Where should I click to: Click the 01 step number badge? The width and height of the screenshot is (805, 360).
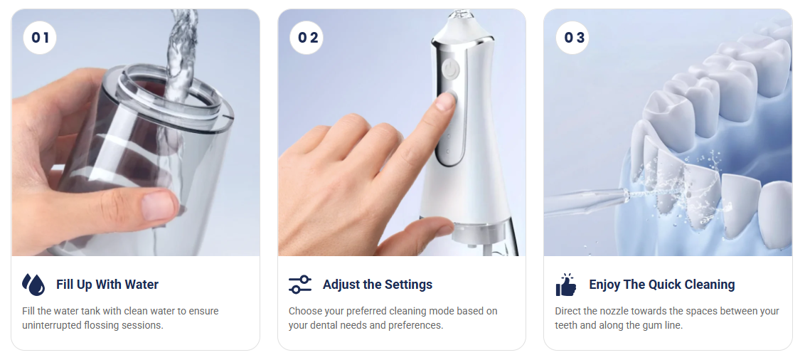click(40, 38)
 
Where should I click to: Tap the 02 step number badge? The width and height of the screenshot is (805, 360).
click(307, 38)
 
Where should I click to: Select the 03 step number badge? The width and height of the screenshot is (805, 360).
click(574, 38)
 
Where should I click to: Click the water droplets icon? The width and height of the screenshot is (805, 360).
click(33, 285)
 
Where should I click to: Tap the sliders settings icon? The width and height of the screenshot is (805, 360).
click(300, 285)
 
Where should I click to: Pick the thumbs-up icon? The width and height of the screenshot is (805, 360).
click(566, 285)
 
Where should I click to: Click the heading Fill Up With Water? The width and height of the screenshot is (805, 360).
click(107, 285)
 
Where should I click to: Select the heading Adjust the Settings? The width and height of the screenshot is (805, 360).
click(377, 285)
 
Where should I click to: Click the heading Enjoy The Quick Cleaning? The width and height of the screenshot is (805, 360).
click(661, 285)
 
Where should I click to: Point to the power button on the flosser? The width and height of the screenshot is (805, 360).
click(449, 69)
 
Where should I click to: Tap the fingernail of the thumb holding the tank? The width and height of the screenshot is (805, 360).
click(156, 206)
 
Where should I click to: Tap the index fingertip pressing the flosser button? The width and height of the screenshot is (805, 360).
click(444, 101)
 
